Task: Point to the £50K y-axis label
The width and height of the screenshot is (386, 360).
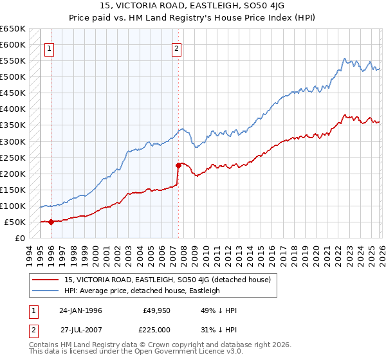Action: coord(15,222)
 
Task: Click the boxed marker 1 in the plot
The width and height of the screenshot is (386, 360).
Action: coord(50,47)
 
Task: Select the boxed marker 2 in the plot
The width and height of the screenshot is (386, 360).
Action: coord(176,47)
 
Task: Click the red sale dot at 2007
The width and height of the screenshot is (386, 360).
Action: coord(178,165)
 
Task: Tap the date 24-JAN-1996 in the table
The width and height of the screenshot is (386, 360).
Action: coord(80,310)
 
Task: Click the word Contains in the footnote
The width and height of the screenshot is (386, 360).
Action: coord(45,346)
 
